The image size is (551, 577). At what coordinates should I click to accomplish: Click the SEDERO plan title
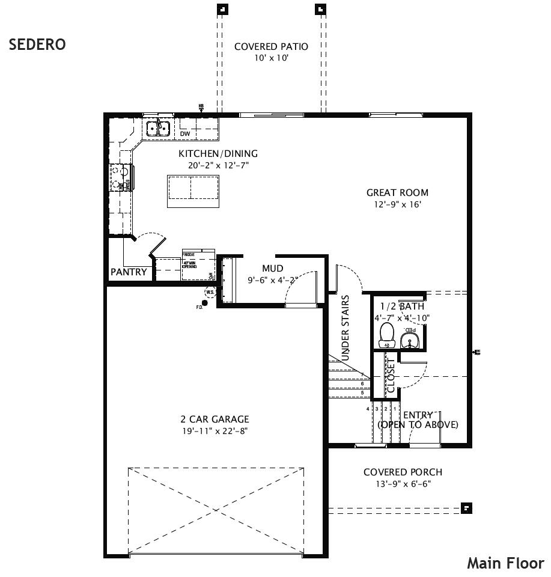[x=37, y=45]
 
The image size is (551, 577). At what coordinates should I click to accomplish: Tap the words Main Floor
[x=505, y=563]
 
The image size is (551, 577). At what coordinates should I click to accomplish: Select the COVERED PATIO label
[x=271, y=46]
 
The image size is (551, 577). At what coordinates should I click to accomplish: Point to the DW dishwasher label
[x=184, y=133]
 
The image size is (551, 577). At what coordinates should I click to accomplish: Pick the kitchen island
[x=193, y=191]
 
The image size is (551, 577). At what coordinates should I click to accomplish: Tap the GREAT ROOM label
[x=398, y=193]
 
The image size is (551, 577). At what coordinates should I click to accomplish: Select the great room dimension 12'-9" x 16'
[x=398, y=205]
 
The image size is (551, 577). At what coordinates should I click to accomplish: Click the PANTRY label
[x=129, y=272]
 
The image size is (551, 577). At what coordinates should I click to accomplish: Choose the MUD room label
[x=272, y=268]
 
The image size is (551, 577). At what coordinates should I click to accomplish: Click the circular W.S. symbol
[x=210, y=293]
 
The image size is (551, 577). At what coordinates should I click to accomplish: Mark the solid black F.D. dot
[x=205, y=303]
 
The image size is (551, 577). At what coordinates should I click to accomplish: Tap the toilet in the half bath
[x=386, y=335]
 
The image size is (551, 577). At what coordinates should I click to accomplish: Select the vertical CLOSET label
[x=390, y=376]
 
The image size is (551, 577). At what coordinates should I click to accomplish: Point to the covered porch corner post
[x=466, y=508]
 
